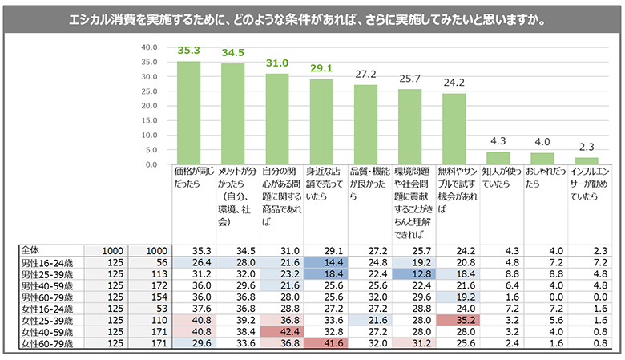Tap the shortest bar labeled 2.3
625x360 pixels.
(x=586, y=160)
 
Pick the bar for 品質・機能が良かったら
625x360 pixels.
(x=365, y=124)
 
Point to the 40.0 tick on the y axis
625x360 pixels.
(x=149, y=47)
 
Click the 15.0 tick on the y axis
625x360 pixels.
(x=149, y=120)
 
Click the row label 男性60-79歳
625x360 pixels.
(x=43, y=295)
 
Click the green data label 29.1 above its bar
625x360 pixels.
(x=321, y=69)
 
